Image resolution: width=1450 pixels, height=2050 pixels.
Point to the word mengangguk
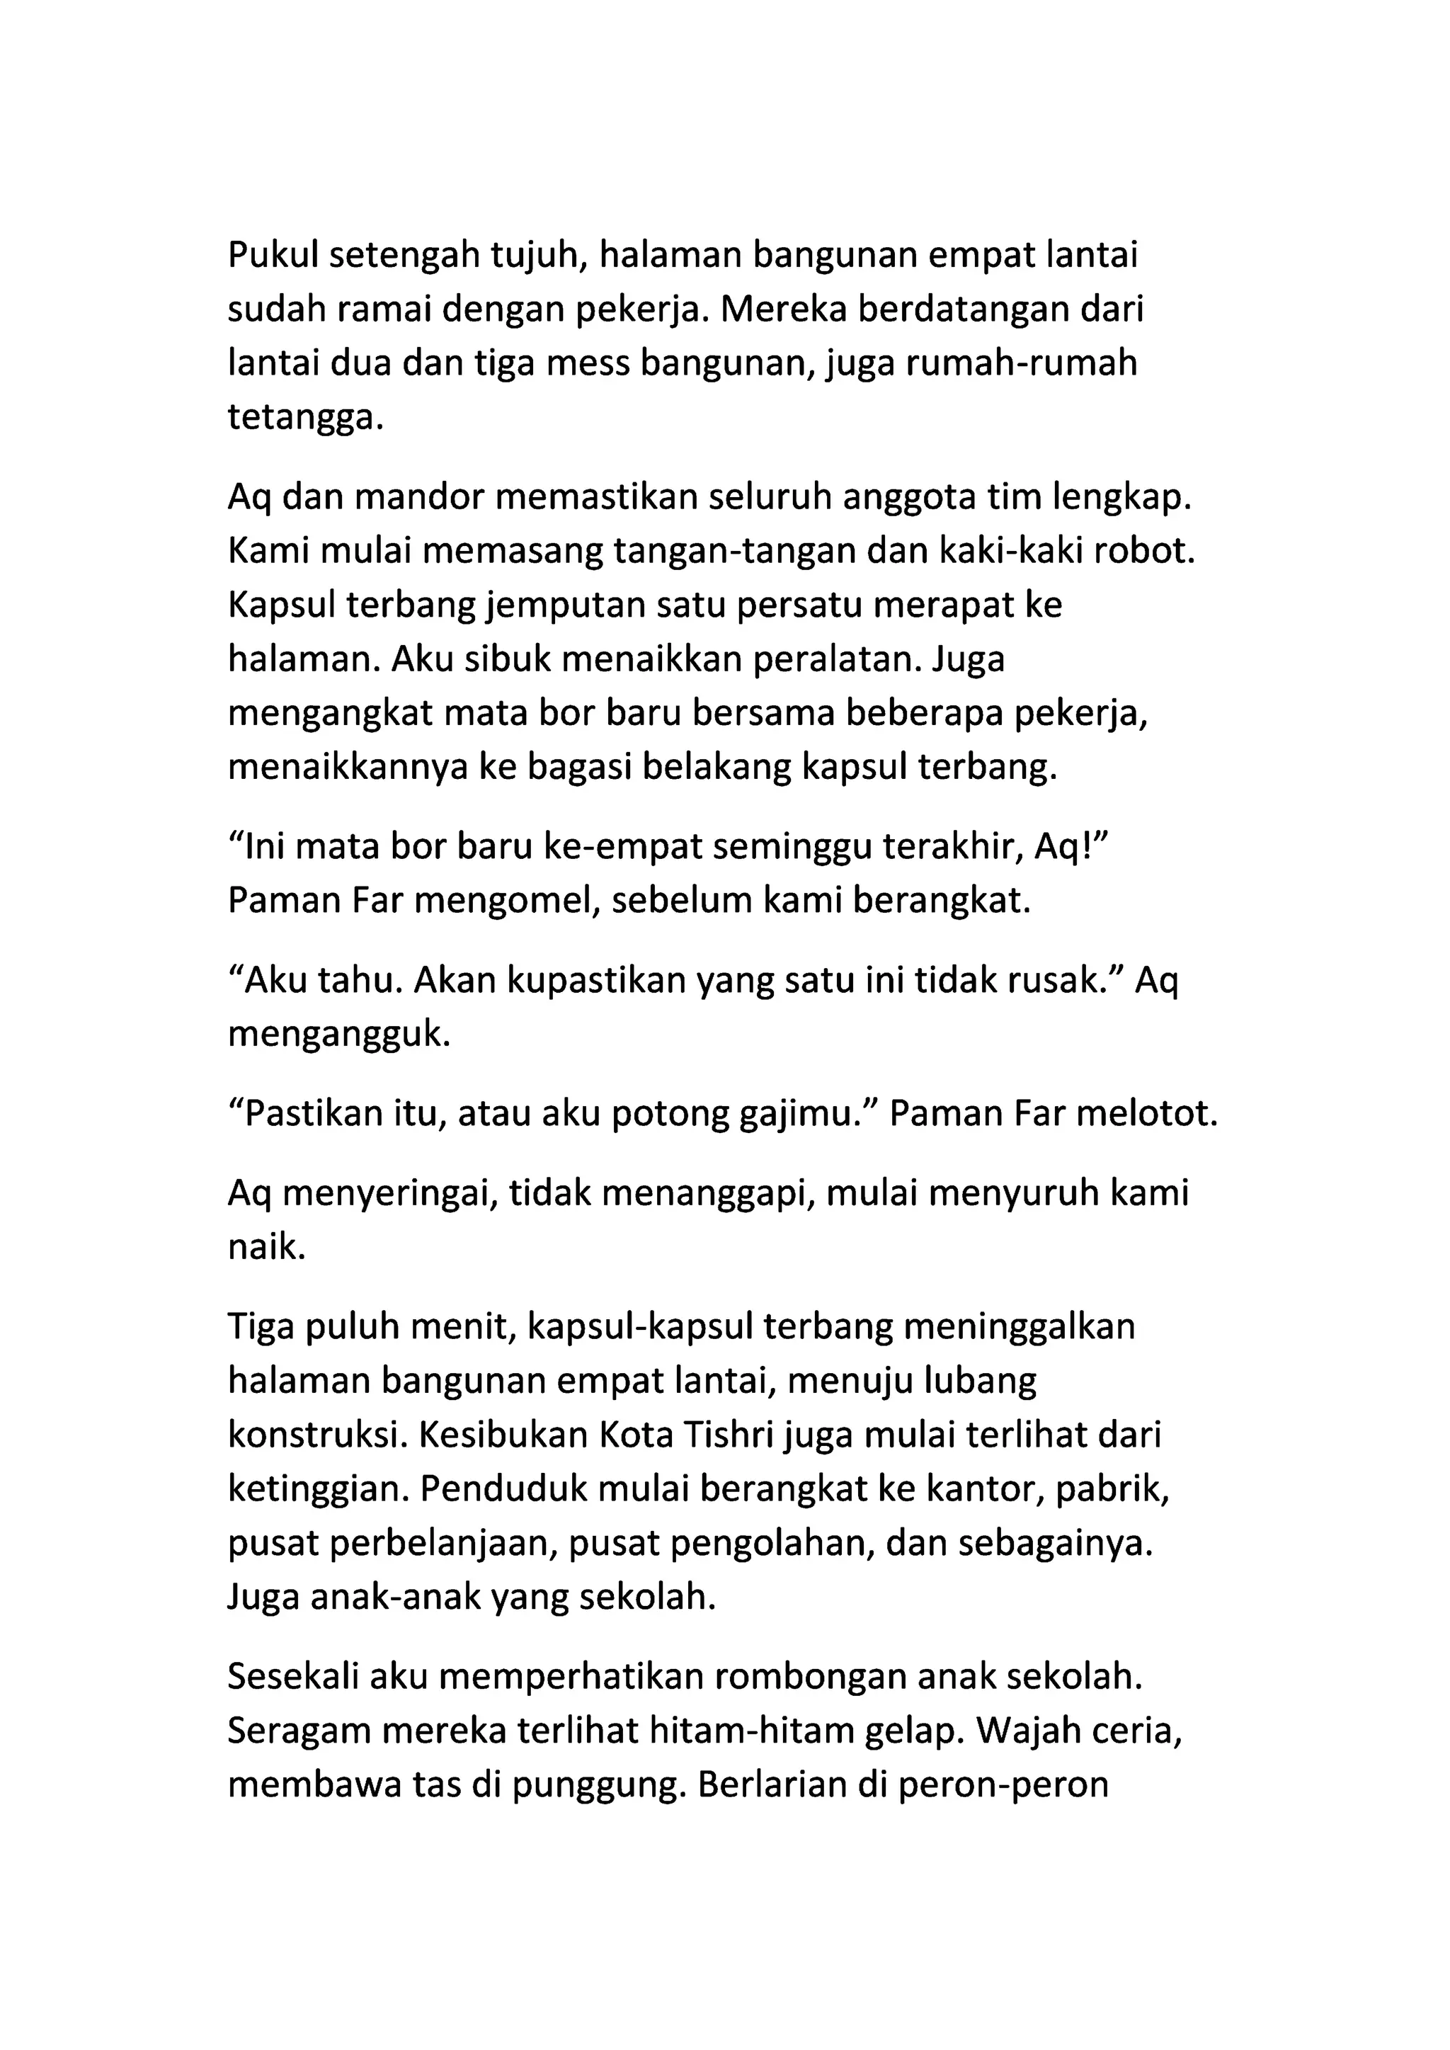click(339, 1034)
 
